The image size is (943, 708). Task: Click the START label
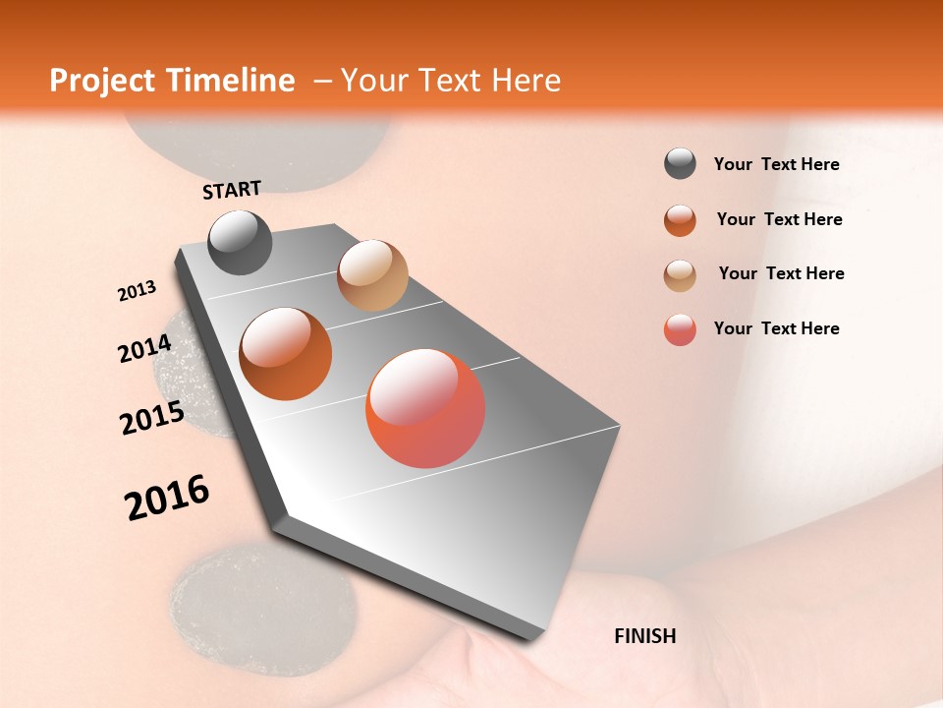232,189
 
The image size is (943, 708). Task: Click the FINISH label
644,636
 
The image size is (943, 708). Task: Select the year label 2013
137,291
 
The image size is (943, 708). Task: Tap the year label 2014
144,348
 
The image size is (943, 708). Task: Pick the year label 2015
152,418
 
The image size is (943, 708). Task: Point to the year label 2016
167,498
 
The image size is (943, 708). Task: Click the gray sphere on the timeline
240,242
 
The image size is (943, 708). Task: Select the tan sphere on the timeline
372,275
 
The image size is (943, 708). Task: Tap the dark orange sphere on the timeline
286,353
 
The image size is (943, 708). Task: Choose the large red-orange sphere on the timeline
425,408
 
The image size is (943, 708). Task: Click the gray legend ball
680,164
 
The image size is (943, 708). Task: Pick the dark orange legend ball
680,220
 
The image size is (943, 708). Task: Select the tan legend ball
680,275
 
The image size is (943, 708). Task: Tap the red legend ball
680,329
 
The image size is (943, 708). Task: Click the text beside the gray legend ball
776,164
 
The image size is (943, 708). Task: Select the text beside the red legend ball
776,328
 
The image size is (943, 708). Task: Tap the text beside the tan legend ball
781,273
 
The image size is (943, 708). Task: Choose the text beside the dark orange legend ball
779,219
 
